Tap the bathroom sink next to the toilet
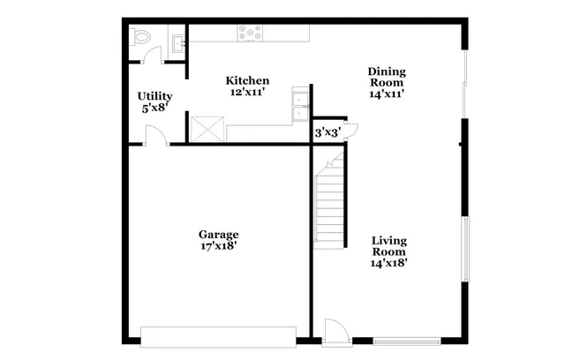177,41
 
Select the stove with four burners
250,34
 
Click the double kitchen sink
300,106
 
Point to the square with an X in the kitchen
207,130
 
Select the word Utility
154,96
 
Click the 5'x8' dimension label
154,108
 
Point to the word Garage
218,235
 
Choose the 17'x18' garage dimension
218,246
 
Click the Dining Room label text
386,77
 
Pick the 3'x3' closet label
328,132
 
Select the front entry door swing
334,333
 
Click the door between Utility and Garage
156,136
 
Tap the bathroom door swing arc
154,53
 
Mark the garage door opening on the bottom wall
218,337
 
